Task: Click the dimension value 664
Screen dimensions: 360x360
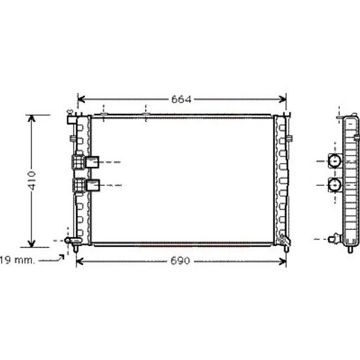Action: tap(181, 99)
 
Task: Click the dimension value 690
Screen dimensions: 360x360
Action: tap(181, 261)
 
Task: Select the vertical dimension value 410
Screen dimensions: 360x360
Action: tap(31, 181)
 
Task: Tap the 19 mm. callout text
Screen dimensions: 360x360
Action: tap(18, 260)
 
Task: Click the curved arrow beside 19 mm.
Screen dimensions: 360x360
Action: tap(52, 259)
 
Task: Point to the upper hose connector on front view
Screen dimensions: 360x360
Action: tap(86, 162)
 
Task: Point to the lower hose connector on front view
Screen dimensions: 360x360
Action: tap(86, 185)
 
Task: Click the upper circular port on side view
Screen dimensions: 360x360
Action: tap(334, 161)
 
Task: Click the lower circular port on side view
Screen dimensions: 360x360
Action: tap(334, 185)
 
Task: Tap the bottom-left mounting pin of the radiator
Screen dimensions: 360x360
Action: tap(75, 249)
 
